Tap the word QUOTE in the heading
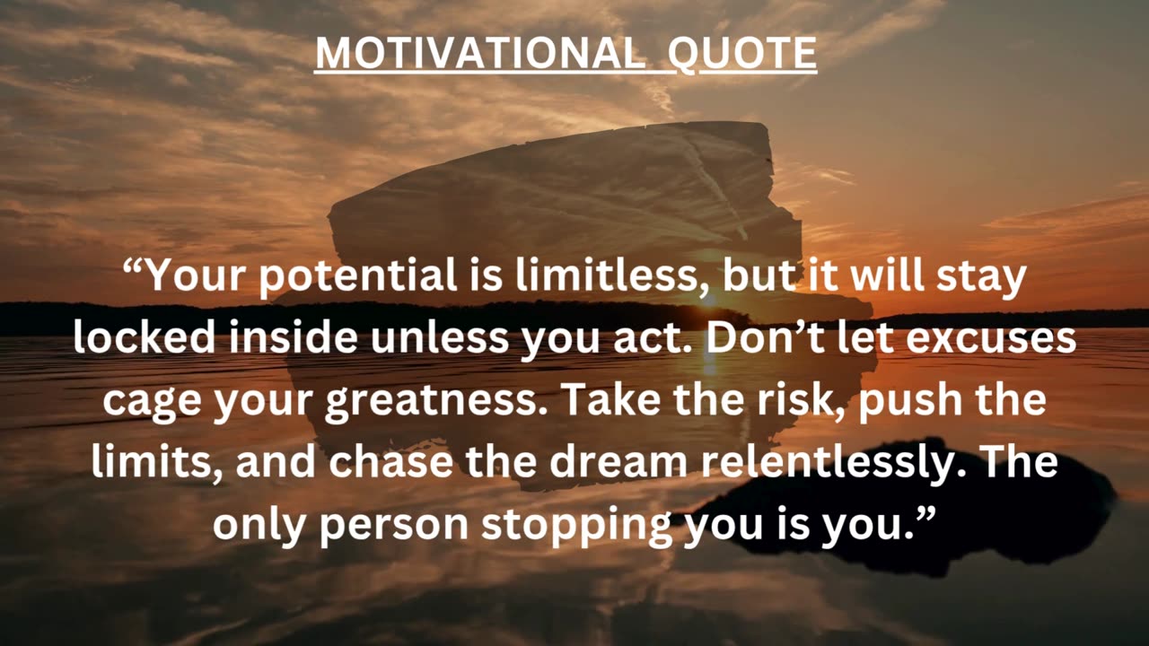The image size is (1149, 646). click(742, 54)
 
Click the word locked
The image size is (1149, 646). click(145, 338)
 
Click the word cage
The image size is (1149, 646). click(152, 400)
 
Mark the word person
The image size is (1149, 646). click(394, 525)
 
